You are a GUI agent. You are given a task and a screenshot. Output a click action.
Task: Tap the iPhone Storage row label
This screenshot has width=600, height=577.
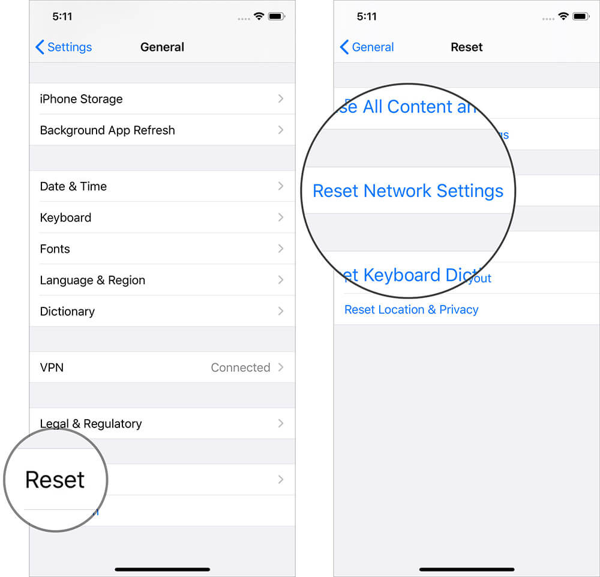pyautogui.click(x=81, y=99)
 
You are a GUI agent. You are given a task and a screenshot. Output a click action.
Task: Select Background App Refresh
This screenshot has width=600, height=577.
pyautogui.click(x=107, y=130)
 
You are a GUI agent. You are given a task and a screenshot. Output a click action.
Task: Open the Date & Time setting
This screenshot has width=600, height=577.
pyautogui.click(x=73, y=187)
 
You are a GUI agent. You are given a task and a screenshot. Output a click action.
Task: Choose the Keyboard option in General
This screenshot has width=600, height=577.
pyautogui.click(x=65, y=218)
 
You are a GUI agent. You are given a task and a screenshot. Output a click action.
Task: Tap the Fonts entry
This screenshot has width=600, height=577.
pyautogui.click(x=55, y=249)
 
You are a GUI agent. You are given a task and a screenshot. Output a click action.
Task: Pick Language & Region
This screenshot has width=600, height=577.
pyautogui.click(x=92, y=280)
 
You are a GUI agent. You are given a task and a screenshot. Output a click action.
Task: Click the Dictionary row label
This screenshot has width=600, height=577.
pyautogui.click(x=67, y=312)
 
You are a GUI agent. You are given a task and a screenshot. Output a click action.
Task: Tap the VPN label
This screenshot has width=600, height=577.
pyautogui.click(x=52, y=367)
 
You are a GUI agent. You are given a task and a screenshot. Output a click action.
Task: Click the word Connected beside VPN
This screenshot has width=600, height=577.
pyautogui.click(x=241, y=367)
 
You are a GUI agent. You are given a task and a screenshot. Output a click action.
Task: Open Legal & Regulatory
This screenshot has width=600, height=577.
pyautogui.click(x=91, y=424)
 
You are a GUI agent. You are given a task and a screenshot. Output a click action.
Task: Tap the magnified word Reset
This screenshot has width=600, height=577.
pyautogui.click(x=55, y=480)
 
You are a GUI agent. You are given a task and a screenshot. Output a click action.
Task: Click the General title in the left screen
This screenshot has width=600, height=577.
pyautogui.click(x=162, y=47)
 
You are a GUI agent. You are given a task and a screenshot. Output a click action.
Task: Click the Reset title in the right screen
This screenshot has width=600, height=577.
pyautogui.click(x=467, y=47)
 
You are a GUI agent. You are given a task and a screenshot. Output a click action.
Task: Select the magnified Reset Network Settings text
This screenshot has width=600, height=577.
pyautogui.click(x=408, y=191)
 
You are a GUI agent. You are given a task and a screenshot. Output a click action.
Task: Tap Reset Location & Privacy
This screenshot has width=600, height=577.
pyautogui.click(x=412, y=310)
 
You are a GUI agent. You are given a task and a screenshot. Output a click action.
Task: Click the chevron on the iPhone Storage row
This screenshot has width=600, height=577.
pyautogui.click(x=281, y=98)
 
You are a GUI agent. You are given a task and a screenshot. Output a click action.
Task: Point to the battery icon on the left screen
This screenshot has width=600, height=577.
pyautogui.click(x=277, y=17)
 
